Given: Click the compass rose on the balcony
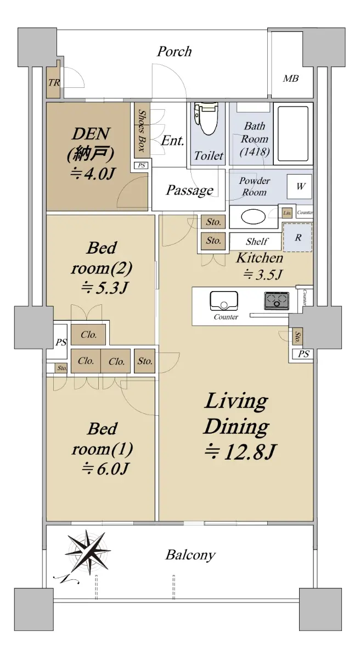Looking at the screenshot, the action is (x=88, y=553).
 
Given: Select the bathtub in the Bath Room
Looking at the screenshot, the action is (x=293, y=134).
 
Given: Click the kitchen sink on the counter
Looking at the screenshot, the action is (x=224, y=301).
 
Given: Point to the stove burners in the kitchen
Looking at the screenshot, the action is (x=276, y=301).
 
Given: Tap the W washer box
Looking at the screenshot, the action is (x=300, y=187).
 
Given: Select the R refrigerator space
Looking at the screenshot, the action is (x=297, y=237).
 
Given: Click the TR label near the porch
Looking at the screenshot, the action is (x=54, y=83).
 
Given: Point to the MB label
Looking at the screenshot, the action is (x=291, y=79).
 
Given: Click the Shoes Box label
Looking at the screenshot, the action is (x=142, y=130).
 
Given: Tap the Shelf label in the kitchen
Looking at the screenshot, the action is (x=257, y=242).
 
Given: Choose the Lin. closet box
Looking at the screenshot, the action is (x=287, y=213).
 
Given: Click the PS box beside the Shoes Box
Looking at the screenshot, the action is (x=142, y=165).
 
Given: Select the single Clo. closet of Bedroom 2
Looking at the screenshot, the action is (x=88, y=335).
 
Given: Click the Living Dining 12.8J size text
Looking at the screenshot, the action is (x=240, y=453).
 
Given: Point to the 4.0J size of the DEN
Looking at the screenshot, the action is (x=92, y=174).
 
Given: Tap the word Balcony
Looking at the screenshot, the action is (x=190, y=555).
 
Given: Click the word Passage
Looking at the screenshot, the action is (x=189, y=191).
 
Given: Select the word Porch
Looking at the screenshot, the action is (x=175, y=52).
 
